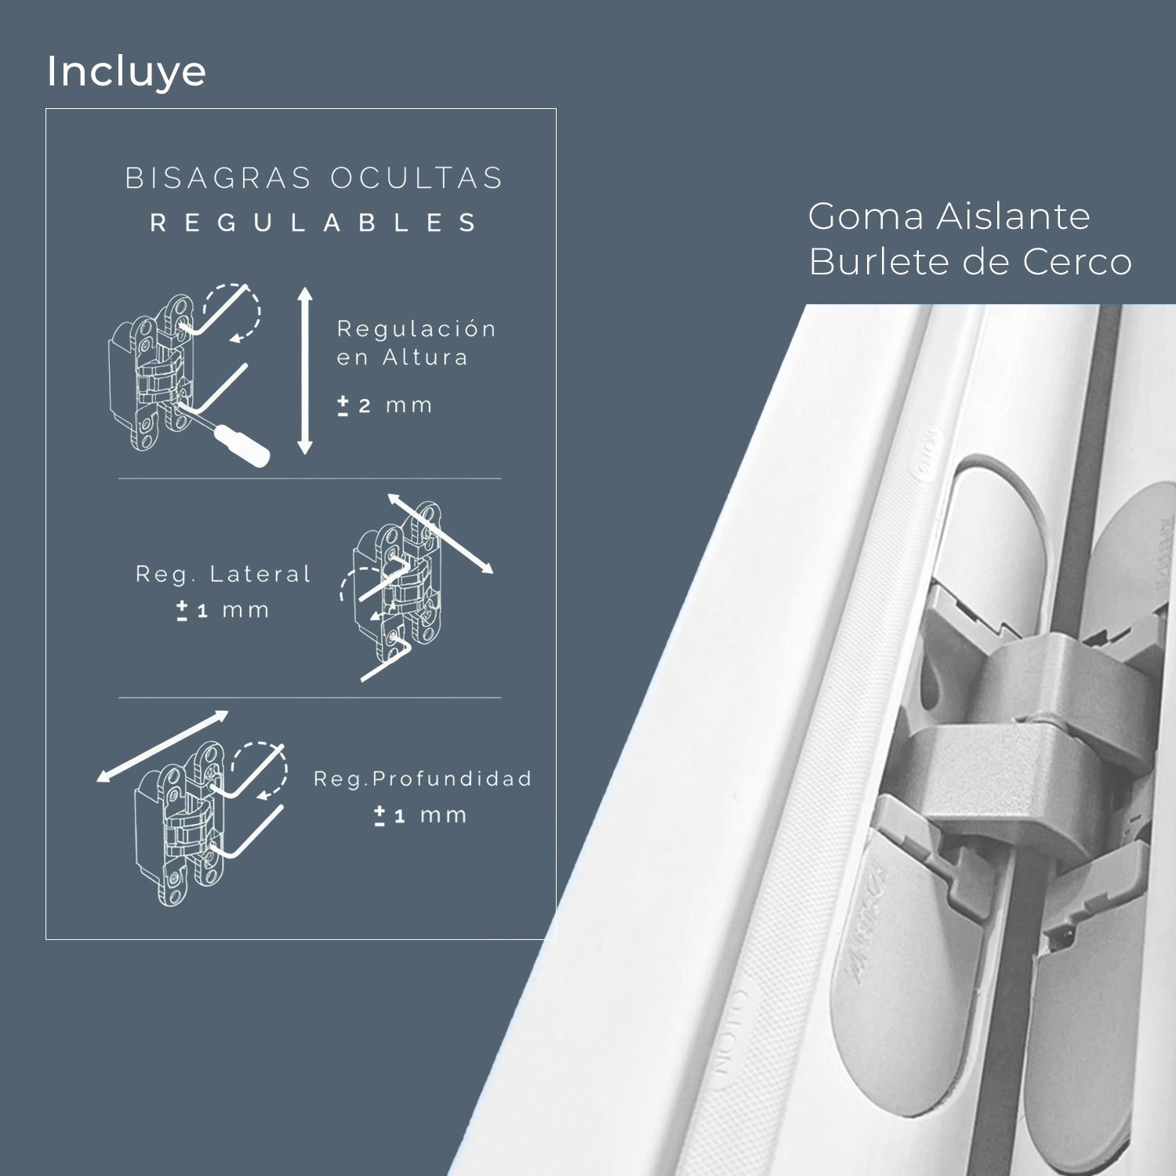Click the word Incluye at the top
coord(126,71)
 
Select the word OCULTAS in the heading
coord(416,179)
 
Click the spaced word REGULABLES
coord(314,223)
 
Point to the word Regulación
coord(416,329)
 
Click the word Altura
coord(426,358)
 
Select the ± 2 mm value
coord(385,405)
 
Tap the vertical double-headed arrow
coord(305,371)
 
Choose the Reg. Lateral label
coord(223,575)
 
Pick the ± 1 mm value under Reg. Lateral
coord(223,610)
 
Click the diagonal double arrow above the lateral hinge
coord(441,533)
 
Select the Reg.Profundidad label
coord(423,779)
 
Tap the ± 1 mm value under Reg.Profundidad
coord(421,815)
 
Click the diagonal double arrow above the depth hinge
coord(162,746)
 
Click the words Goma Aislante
coord(949,217)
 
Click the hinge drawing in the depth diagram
coord(180,823)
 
